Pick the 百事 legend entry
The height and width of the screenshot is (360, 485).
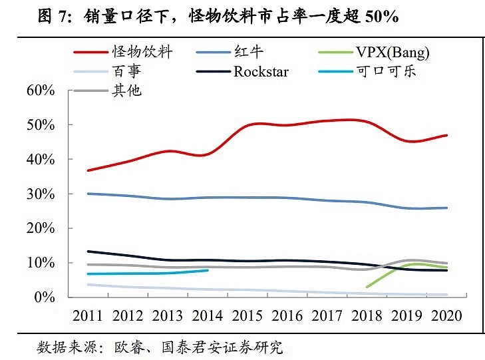click(x=128, y=71)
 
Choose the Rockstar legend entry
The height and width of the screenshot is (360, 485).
click(x=261, y=71)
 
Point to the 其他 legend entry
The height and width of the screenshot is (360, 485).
click(x=128, y=90)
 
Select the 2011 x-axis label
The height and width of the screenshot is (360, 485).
click(x=88, y=315)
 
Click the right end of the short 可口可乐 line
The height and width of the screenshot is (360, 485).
click(x=208, y=270)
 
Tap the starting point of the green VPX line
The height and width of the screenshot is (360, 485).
click(x=367, y=287)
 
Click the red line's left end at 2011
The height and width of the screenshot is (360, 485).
click(x=88, y=170)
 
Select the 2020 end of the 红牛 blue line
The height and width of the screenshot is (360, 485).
click(x=446, y=208)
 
